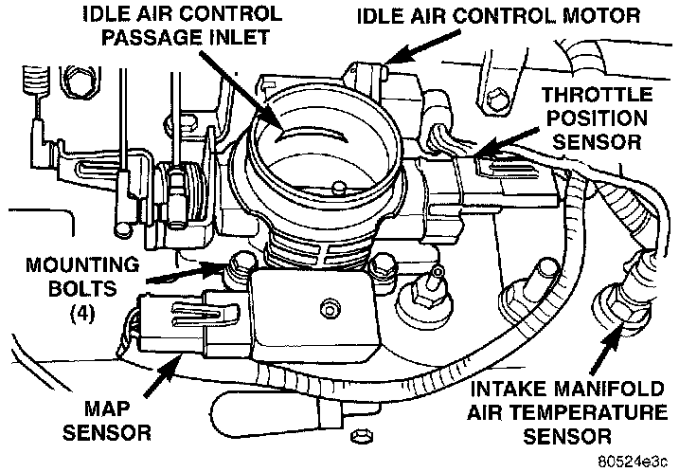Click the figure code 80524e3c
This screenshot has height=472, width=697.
(632, 459)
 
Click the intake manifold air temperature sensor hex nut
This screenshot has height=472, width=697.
(608, 306)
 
